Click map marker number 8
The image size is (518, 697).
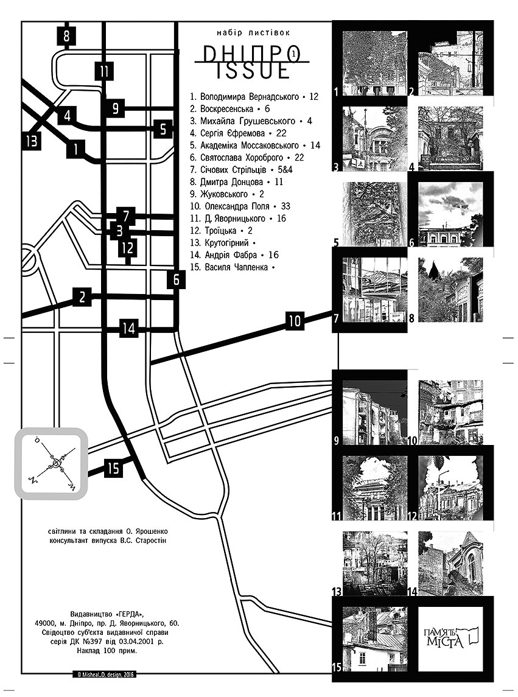[x=66, y=36]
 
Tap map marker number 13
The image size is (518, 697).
[x=32, y=141]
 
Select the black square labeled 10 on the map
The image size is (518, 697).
[x=295, y=320]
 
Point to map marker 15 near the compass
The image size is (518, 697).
[x=113, y=469]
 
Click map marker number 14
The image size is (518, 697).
[x=128, y=329]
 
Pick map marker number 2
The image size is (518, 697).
[x=82, y=297]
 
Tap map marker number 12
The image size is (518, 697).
[x=127, y=248]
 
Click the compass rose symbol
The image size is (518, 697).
[x=55, y=464]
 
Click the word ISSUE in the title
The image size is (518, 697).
[x=252, y=71]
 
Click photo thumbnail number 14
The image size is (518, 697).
[x=450, y=563]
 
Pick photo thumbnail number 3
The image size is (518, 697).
[x=375, y=138]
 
